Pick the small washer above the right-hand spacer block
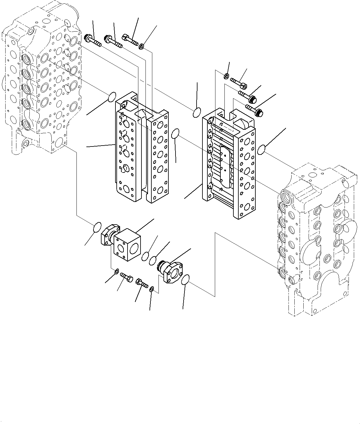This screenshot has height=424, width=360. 227,76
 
